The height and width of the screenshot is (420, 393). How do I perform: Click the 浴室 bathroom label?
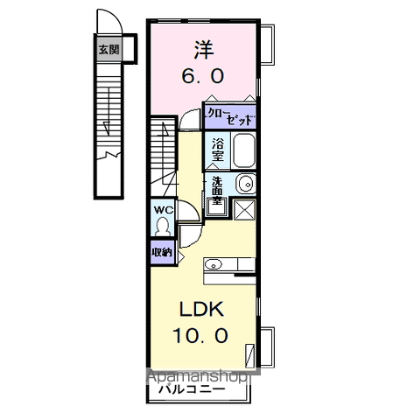pos(215,150)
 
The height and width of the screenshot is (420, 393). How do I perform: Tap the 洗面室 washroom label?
pos(214,192)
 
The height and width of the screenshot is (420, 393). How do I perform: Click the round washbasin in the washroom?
pos(246,184)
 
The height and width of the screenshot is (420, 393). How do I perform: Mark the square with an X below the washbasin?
pos(243,210)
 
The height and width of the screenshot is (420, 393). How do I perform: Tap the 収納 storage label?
pos(161,252)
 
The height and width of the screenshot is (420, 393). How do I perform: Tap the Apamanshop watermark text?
pos(201,377)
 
